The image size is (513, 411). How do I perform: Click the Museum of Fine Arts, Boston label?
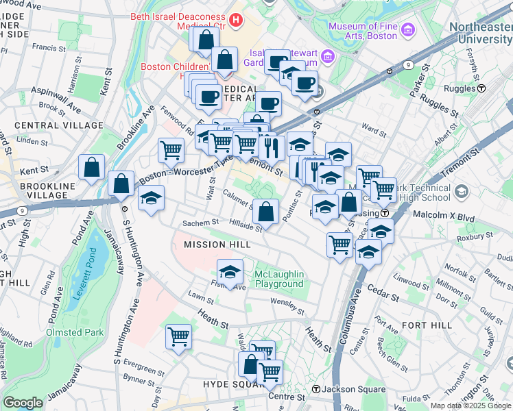[362, 32]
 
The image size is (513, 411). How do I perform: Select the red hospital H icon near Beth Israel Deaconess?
[237, 20]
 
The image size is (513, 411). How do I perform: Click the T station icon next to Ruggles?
[481, 88]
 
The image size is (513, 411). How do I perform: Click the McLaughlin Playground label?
[279, 279]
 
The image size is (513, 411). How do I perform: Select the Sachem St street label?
[200, 223]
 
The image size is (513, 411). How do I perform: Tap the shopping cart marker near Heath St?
[178, 337]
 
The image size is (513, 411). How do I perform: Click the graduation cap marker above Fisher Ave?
[230, 272]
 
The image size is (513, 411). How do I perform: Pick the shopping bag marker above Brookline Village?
[91, 168]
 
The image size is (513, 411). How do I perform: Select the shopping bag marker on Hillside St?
[265, 212]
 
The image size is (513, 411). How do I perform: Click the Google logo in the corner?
[23, 403]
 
